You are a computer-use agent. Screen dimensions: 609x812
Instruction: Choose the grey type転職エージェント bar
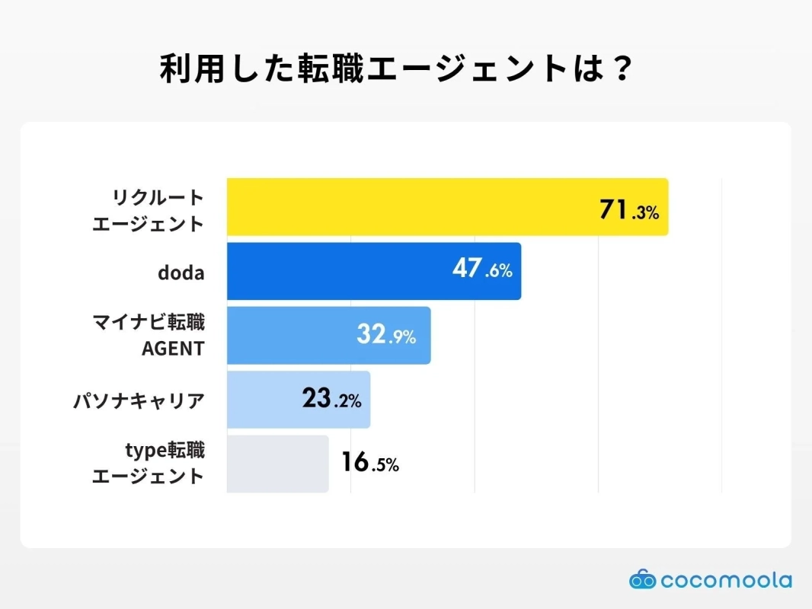point(277,464)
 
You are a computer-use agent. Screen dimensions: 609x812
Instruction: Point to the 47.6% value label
point(481,269)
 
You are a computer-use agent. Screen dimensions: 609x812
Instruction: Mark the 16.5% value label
point(369,463)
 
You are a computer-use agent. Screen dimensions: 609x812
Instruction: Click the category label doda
point(181,272)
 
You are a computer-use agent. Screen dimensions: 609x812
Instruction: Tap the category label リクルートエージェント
point(148,211)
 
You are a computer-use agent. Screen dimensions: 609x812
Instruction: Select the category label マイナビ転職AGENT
point(148,336)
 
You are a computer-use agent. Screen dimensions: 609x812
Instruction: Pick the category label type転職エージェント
point(148,464)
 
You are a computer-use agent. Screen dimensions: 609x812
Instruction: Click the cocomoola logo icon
point(642,580)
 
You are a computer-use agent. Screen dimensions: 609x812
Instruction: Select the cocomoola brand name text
point(726,581)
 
